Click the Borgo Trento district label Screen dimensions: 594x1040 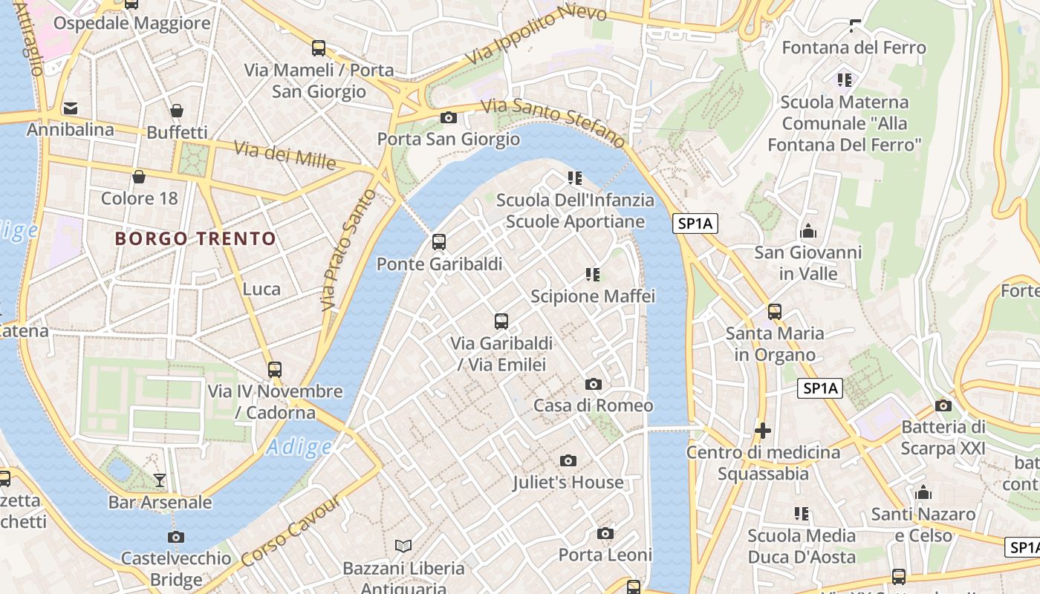(x=195, y=239)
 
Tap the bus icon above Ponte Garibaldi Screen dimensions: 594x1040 (x=439, y=242)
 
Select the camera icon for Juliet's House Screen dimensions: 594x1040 (x=568, y=461)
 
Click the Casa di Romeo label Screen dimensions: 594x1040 (x=593, y=405)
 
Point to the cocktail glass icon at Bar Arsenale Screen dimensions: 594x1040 (x=160, y=480)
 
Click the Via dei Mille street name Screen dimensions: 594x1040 (x=285, y=154)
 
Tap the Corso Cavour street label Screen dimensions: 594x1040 (x=291, y=532)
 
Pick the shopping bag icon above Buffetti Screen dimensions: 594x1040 (x=177, y=111)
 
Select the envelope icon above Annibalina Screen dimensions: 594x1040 (x=71, y=108)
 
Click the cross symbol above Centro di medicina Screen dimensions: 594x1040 (x=762, y=431)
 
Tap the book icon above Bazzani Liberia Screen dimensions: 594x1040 (x=403, y=546)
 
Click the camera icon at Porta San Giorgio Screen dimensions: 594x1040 (x=449, y=118)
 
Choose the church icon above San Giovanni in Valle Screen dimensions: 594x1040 (x=808, y=232)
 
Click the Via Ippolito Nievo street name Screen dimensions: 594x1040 (x=536, y=35)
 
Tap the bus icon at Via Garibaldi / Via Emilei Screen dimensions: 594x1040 (x=501, y=322)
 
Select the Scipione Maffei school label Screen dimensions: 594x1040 (x=593, y=296)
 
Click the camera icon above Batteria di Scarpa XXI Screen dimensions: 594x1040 (x=943, y=405)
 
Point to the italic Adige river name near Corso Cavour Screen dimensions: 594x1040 (x=299, y=447)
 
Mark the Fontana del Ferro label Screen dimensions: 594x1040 (x=854, y=48)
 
